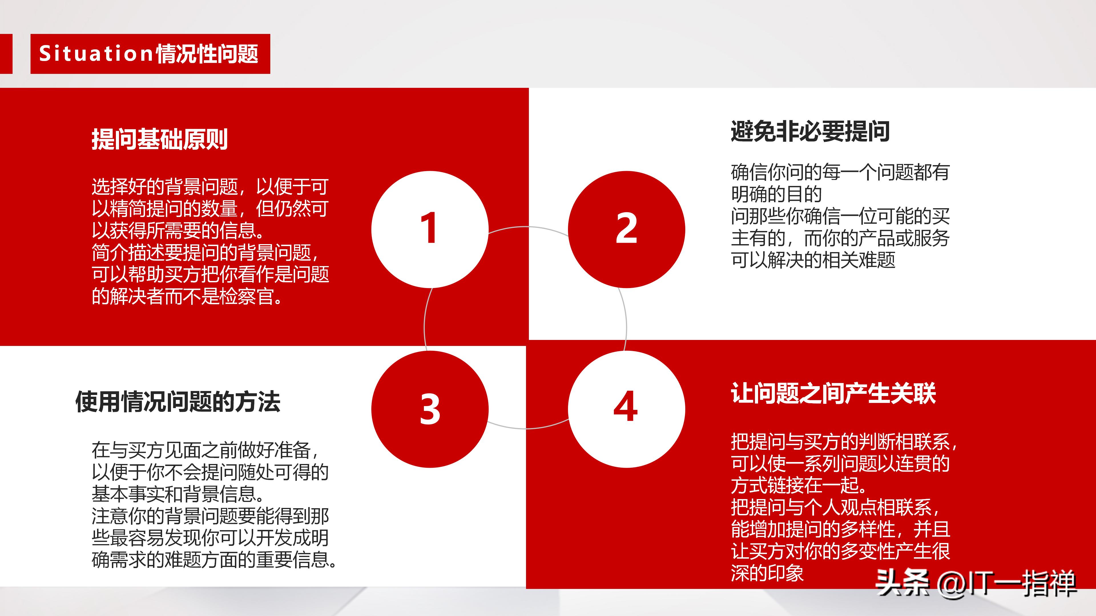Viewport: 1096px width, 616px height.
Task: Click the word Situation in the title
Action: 96,54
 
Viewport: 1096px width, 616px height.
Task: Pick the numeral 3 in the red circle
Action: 430,409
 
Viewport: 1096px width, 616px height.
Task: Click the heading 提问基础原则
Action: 160,139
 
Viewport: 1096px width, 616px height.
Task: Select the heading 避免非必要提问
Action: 810,131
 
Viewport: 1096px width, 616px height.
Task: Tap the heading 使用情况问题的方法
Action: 178,402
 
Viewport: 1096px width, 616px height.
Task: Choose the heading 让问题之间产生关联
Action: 833,393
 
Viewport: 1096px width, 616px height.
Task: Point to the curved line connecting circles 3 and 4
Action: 527,428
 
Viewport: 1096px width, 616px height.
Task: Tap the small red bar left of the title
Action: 6,54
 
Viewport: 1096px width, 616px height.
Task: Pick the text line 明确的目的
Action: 776,194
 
